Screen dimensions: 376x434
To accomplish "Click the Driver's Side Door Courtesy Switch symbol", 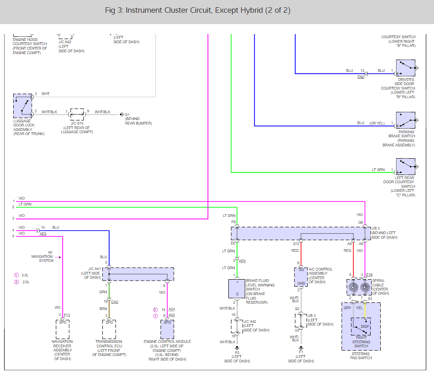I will click(x=405, y=68).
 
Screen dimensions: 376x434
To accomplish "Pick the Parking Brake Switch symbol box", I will click(x=405, y=120).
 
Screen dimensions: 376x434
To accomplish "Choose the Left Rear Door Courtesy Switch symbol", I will click(x=405, y=167).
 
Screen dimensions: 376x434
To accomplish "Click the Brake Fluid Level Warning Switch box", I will click(x=237, y=288).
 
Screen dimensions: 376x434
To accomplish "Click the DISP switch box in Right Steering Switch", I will click(x=361, y=326).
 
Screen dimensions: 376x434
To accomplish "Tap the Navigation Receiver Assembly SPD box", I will click(x=63, y=329).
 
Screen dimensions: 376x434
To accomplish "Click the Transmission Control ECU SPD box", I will click(x=109, y=329).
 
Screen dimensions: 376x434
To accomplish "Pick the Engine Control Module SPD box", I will click(x=167, y=329).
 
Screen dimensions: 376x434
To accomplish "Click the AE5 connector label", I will click(x=43, y=234).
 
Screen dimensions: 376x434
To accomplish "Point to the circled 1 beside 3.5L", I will click(x=16, y=275).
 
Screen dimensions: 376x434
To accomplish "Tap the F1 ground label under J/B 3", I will click(x=301, y=352).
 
